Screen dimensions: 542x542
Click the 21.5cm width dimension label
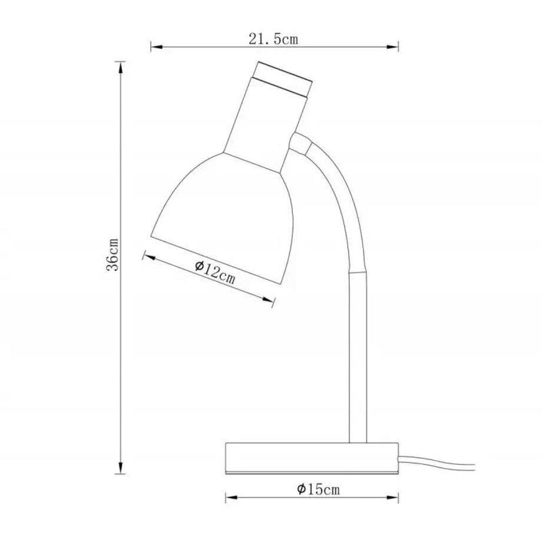(273, 39)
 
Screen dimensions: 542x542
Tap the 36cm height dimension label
(113, 254)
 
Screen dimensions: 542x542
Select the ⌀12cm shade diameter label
(215, 273)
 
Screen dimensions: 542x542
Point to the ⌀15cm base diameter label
(319, 489)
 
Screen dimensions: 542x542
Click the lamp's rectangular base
(312, 457)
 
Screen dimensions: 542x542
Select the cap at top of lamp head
(282, 78)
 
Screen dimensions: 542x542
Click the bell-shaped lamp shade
(224, 212)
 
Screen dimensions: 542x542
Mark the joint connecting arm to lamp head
(300, 144)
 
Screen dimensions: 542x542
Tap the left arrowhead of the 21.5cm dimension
(155, 46)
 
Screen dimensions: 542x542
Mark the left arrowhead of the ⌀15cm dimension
(230, 498)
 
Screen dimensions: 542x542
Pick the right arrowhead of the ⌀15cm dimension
(395, 498)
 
